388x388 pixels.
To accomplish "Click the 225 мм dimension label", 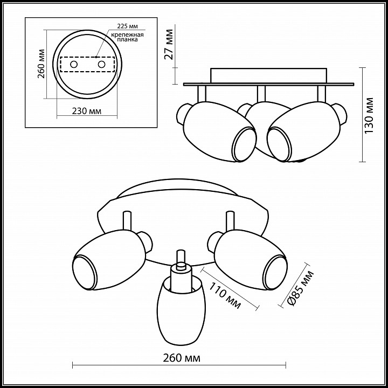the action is point(127,26).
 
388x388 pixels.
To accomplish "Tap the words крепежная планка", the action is point(127,37).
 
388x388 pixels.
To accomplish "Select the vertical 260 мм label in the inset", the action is point(41,64).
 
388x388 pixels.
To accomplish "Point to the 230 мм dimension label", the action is point(87,111).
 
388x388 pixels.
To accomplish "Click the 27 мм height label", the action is point(169,45).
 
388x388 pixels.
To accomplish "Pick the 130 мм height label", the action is point(369,115).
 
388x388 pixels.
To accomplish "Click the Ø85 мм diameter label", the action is point(301,288).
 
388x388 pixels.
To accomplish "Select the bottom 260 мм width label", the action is point(182,358).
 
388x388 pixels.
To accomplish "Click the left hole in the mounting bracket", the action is point(74,64).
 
